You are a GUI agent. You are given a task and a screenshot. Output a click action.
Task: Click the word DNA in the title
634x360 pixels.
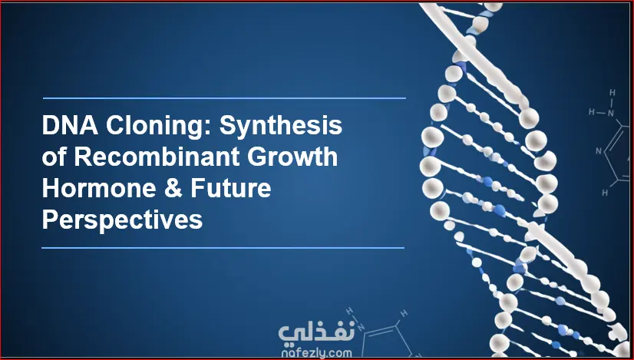70,125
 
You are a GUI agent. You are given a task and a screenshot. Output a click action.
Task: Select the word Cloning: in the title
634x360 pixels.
159,125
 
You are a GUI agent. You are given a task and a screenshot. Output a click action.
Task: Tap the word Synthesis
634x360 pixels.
281,126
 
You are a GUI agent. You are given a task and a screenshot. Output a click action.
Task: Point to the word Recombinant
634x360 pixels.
157,157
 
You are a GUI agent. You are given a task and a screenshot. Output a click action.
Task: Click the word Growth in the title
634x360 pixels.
292,157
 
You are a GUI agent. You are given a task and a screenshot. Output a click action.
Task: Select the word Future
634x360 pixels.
231,189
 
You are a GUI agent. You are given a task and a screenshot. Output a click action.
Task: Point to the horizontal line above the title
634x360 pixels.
224,98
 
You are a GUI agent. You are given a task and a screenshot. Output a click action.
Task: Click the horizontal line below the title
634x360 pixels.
223,248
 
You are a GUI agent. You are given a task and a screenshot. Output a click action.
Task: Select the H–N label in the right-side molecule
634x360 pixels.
602,112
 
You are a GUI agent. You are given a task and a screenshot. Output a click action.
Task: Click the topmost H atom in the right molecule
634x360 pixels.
613,93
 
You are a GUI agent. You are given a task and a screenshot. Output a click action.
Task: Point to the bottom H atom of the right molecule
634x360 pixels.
605,193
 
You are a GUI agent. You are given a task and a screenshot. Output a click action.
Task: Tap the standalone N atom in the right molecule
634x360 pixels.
599,151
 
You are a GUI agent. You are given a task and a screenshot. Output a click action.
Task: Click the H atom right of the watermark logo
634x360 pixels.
403,313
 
